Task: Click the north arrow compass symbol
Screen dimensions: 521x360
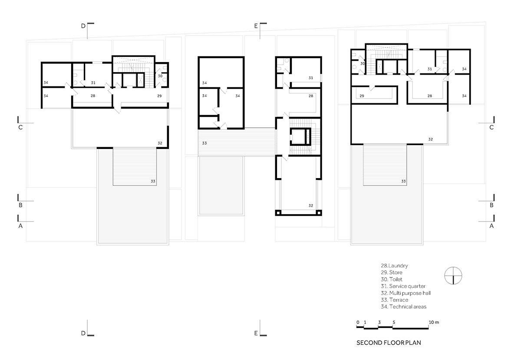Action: (x=453, y=275)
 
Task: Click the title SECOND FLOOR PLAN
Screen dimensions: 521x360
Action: (x=389, y=343)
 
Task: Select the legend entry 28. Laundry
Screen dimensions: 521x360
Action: (x=394, y=265)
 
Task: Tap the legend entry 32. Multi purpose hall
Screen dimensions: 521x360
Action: (x=406, y=293)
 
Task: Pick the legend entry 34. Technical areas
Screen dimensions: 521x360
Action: (x=403, y=307)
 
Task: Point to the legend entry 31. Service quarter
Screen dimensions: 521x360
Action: (x=403, y=286)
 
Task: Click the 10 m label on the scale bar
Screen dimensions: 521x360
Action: (x=434, y=322)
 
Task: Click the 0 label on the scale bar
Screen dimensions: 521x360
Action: (x=358, y=322)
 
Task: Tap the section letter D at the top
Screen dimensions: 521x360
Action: (x=83, y=26)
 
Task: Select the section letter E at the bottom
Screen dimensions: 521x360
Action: (x=256, y=333)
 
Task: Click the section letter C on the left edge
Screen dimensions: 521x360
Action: (x=20, y=127)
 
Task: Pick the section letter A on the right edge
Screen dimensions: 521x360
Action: (x=491, y=226)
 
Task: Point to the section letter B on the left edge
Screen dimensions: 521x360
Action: (x=20, y=205)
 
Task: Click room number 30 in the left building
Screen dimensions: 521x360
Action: (x=160, y=76)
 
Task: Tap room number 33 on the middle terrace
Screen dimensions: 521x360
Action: (x=204, y=143)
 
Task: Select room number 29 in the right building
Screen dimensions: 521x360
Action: (x=362, y=96)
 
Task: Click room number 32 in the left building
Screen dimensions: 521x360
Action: (x=160, y=143)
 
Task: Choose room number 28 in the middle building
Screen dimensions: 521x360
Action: (x=311, y=96)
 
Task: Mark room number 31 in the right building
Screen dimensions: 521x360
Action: (x=429, y=69)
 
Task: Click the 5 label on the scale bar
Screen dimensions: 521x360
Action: (x=394, y=322)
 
